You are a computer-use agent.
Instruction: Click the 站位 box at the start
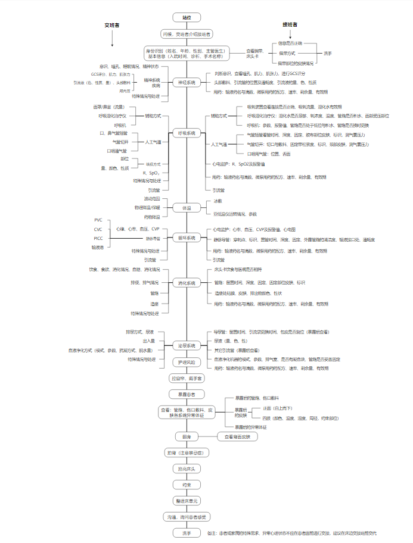[187, 17]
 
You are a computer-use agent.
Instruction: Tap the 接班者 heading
[290, 25]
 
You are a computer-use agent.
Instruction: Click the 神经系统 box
[187, 82]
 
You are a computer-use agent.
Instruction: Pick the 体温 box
[187, 208]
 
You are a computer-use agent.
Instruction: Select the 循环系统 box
[187, 238]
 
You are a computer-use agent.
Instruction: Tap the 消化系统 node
[187, 283]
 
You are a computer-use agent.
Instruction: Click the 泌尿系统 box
[187, 345]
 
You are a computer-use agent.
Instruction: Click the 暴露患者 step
[187, 394]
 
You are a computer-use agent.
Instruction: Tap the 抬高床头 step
[187, 469]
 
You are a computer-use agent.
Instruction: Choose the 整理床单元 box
[187, 500]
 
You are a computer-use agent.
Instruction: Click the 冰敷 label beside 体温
[218, 201]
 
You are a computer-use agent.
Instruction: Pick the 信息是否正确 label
[290, 43]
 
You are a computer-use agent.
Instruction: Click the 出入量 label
[148, 341]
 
